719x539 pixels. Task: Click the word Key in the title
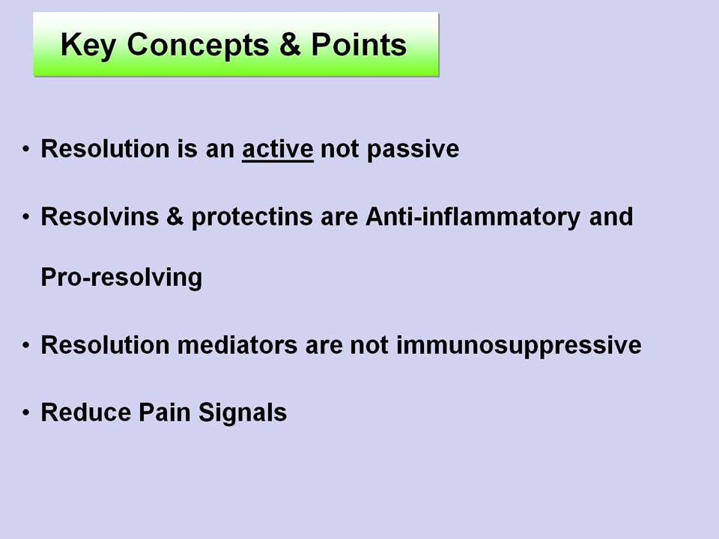(88, 46)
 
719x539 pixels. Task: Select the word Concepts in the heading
(198, 45)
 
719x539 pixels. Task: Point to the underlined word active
(277, 149)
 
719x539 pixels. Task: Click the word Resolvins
(100, 216)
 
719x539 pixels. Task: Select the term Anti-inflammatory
(473, 218)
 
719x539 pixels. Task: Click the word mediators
(237, 344)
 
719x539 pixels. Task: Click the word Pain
(164, 412)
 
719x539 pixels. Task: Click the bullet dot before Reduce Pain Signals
(26, 412)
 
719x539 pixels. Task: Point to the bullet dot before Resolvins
(26, 217)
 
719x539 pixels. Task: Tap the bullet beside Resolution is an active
(26, 149)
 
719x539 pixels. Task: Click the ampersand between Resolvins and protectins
(175, 217)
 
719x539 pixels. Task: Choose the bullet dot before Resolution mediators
(26, 345)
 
